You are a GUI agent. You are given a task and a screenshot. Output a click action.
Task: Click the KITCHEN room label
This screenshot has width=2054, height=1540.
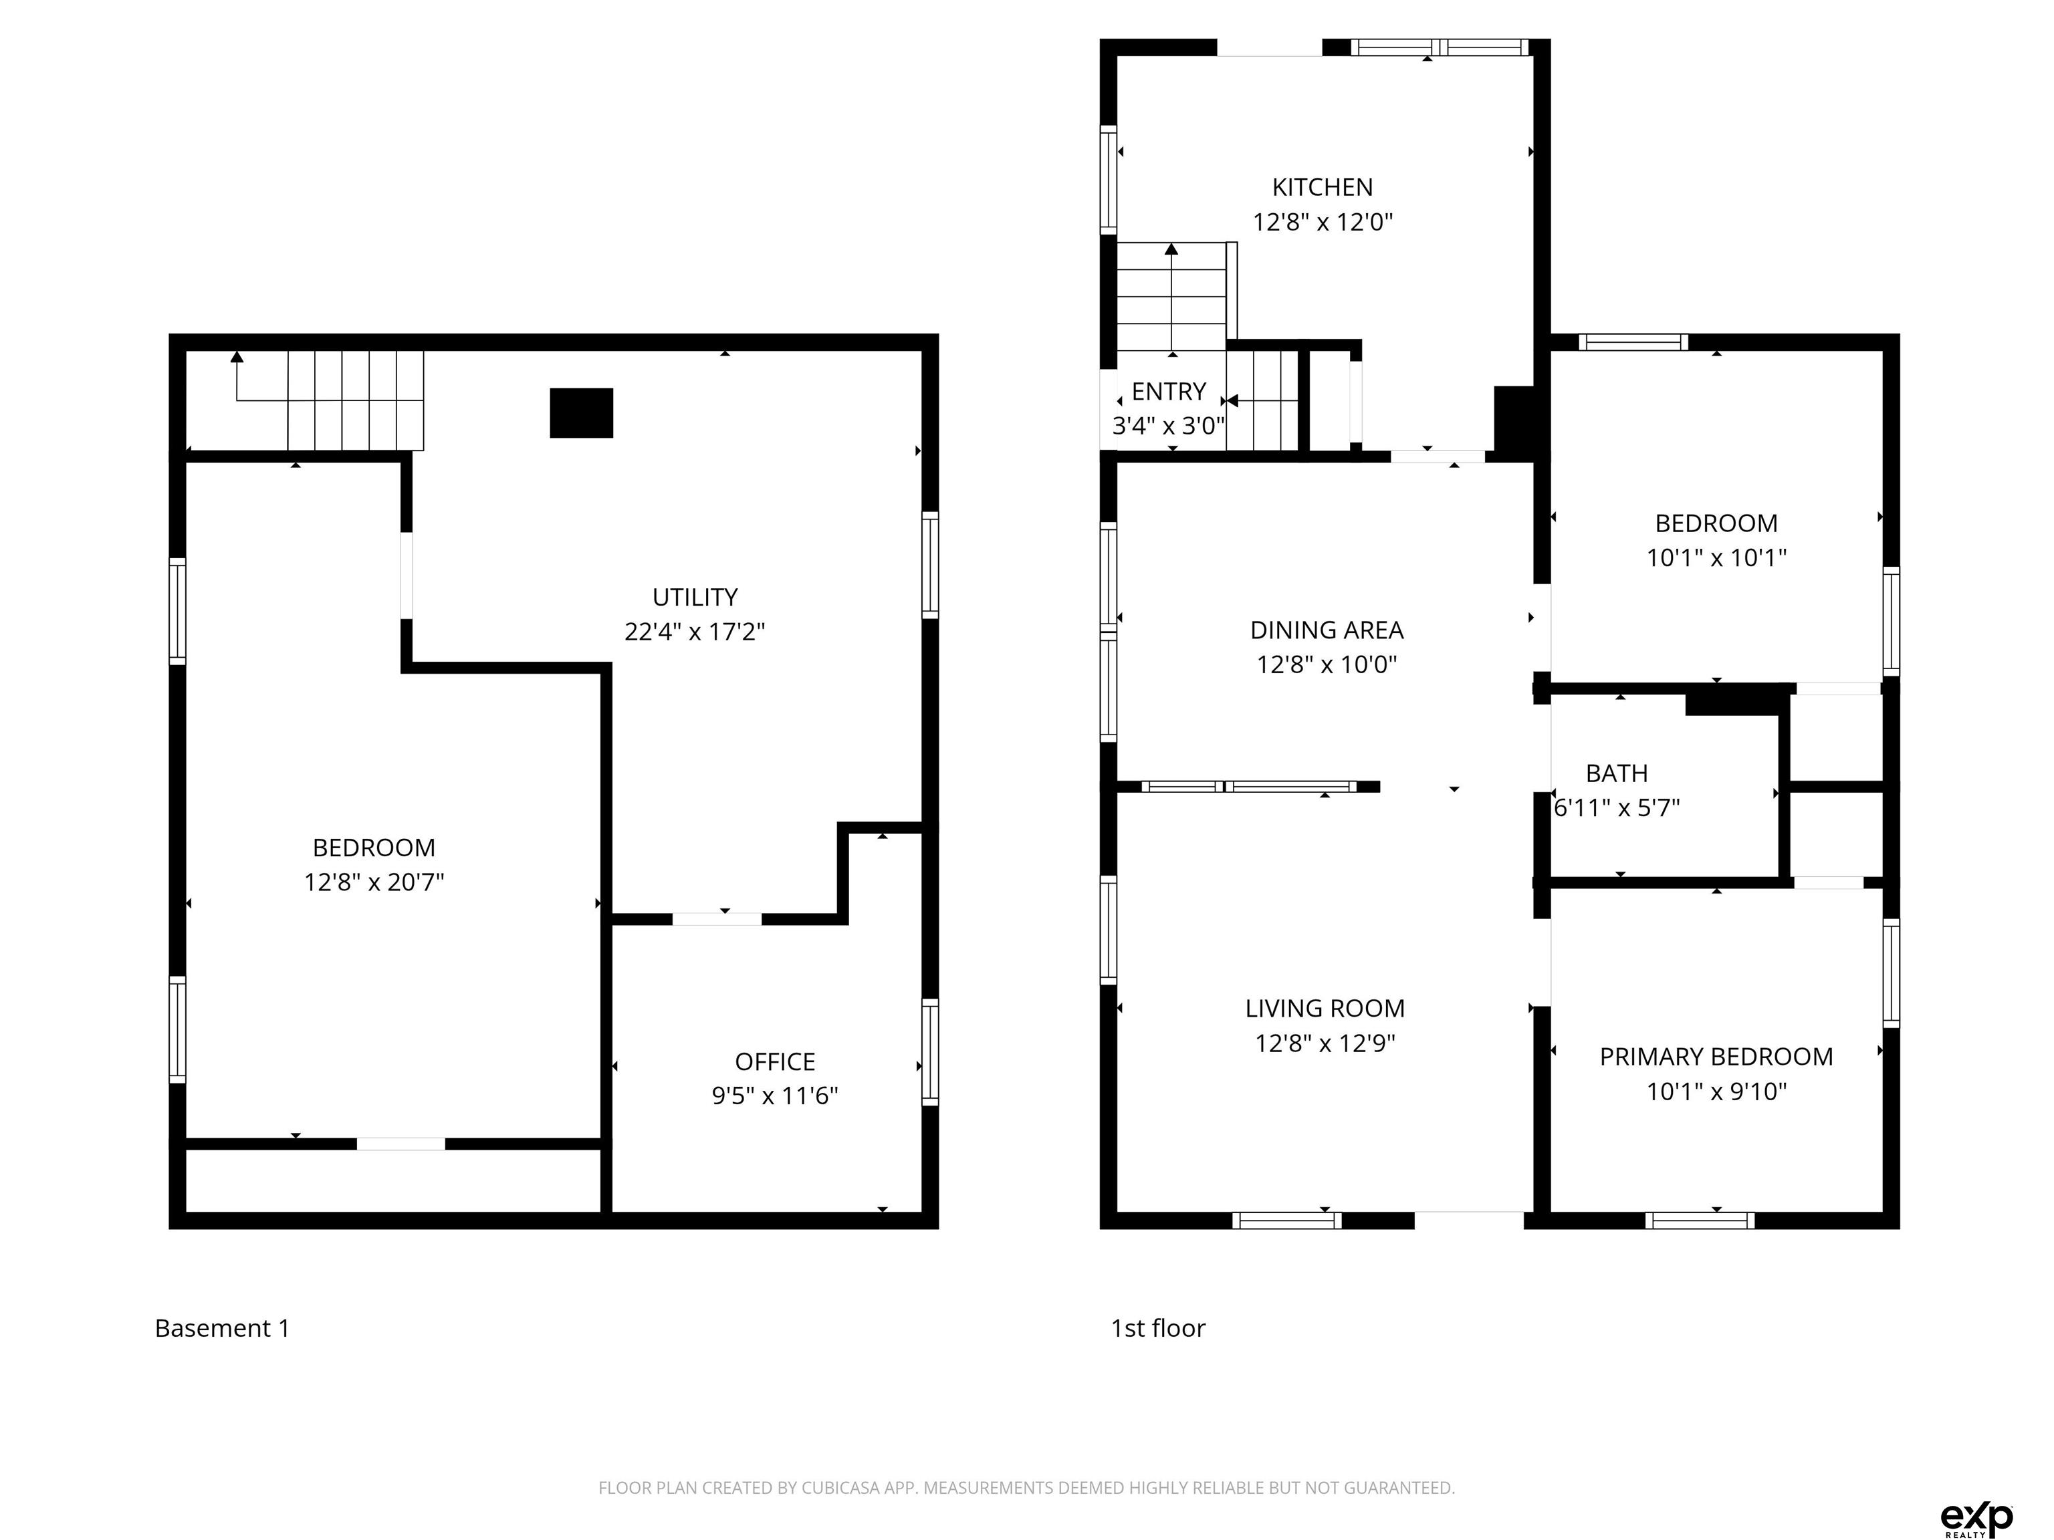click(x=1323, y=188)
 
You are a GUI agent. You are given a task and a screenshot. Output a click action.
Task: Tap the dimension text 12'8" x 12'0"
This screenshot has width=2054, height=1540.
click(x=1323, y=223)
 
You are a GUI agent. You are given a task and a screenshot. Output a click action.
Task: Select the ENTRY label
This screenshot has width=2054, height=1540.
click(x=1168, y=392)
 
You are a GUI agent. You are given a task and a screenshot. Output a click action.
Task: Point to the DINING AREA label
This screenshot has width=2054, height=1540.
click(x=1326, y=630)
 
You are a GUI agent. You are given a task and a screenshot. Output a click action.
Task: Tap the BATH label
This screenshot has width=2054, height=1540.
click(x=1617, y=773)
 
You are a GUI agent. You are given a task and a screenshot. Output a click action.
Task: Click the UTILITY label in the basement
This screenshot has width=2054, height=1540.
click(x=695, y=597)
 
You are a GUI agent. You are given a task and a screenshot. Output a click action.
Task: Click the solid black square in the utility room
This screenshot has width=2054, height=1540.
click(x=581, y=413)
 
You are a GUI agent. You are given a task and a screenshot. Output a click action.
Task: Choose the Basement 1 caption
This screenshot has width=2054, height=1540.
click(x=222, y=1328)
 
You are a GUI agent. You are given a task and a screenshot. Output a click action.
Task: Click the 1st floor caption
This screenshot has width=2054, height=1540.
click(x=1158, y=1328)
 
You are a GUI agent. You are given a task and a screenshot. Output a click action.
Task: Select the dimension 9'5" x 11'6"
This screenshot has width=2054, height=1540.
click(x=774, y=1096)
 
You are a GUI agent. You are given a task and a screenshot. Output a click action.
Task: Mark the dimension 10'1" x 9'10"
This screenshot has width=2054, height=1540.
click(x=1716, y=1092)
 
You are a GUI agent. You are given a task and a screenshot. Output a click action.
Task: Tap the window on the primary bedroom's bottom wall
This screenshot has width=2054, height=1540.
click(x=1700, y=1221)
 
